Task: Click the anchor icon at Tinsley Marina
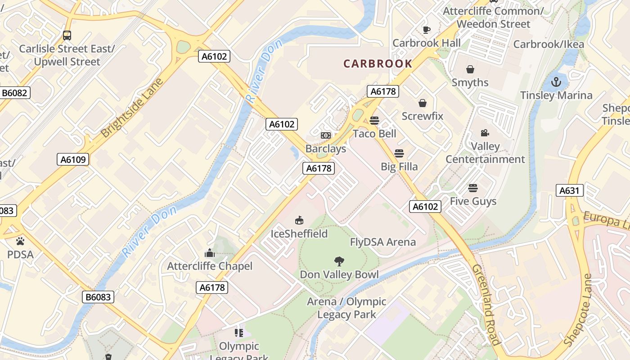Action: click(557, 82)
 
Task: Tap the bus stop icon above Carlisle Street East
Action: click(67, 35)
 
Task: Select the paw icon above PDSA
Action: click(20, 241)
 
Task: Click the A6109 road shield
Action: click(73, 159)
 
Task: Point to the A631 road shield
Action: click(569, 190)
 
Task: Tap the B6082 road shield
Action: click(15, 93)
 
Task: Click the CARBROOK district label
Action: click(378, 63)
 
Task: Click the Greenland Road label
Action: click(486, 305)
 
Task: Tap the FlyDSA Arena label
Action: click(383, 242)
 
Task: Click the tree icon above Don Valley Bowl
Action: click(339, 261)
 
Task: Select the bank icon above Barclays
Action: click(326, 135)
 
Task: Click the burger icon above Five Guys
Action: click(473, 188)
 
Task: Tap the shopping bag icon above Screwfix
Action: click(423, 103)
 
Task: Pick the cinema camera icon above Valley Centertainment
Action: click(485, 133)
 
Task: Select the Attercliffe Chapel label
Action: click(210, 266)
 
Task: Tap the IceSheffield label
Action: click(299, 234)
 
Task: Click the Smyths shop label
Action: click(470, 82)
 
